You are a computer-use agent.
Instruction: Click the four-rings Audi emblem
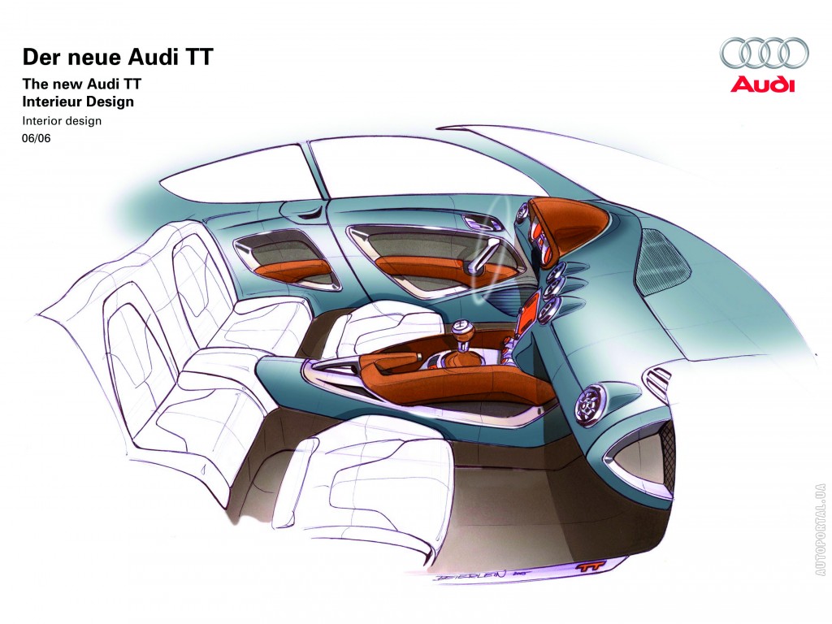(763, 53)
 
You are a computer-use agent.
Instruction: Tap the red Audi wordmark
(763, 84)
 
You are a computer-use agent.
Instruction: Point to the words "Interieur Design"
(78, 102)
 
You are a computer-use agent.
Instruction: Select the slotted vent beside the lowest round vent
(656, 379)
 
